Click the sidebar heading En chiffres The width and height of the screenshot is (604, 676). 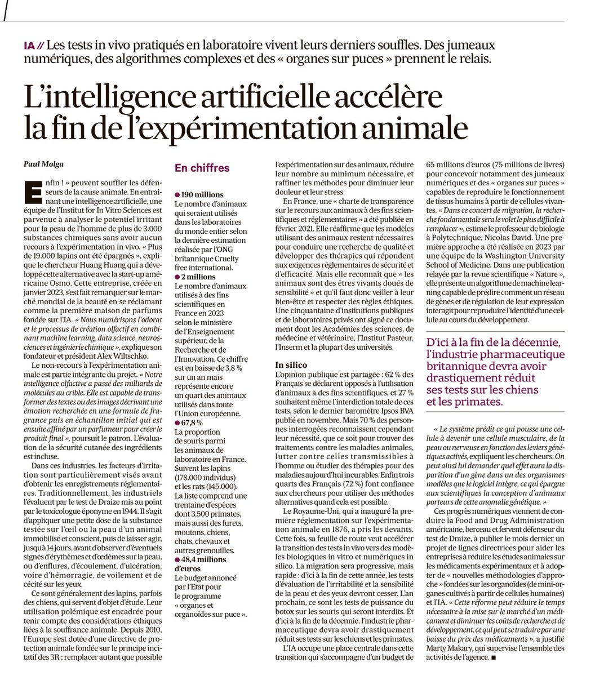click(x=202, y=168)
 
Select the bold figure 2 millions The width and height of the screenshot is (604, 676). click(x=197, y=277)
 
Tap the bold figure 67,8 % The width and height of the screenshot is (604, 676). click(x=192, y=422)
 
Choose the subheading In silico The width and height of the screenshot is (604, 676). click(x=291, y=365)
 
